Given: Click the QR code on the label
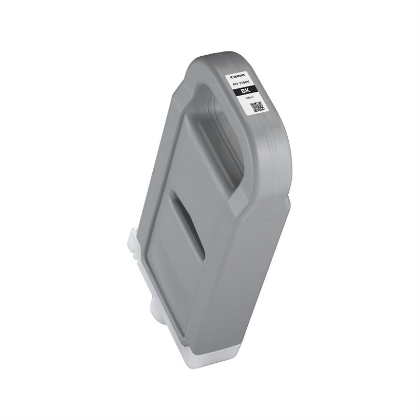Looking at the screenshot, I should (x=256, y=107).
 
